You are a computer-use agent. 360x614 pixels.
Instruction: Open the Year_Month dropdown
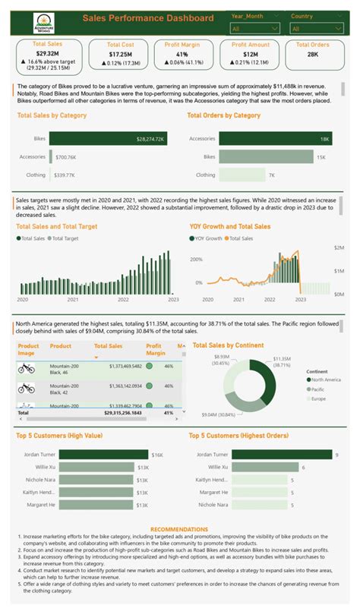pyautogui.click(x=252, y=28)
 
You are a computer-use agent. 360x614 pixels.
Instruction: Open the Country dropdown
pyautogui.click(x=314, y=28)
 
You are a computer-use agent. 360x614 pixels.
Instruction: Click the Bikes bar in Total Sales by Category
pyautogui.click(x=103, y=139)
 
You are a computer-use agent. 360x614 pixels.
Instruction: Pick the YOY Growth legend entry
pyautogui.click(x=208, y=238)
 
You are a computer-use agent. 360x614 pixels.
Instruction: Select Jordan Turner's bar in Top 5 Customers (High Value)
pyautogui.click(x=103, y=455)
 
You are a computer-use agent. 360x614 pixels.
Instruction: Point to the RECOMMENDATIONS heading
pyautogui.click(x=179, y=529)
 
